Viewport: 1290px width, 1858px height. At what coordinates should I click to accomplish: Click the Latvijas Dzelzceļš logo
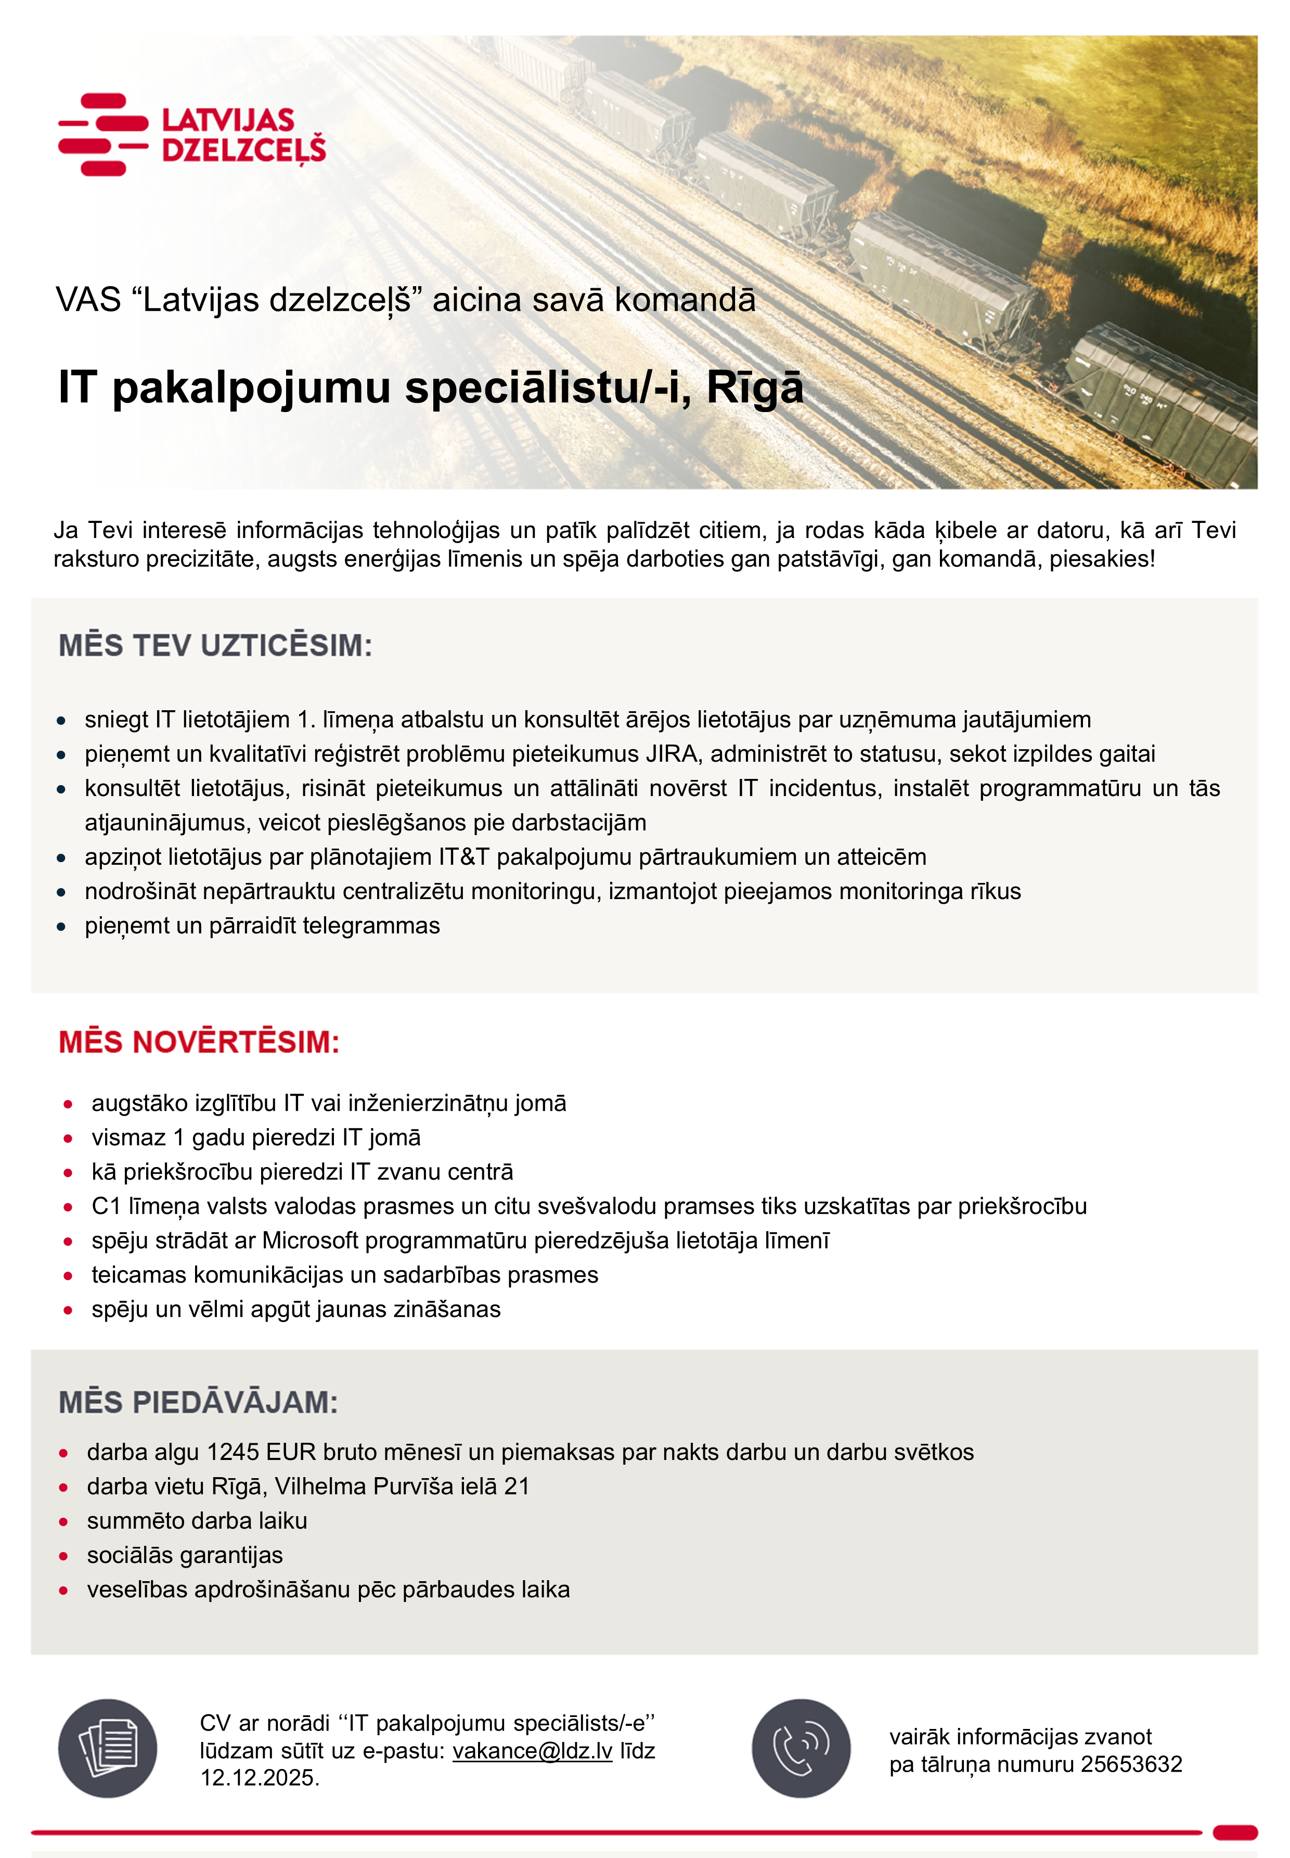point(192,134)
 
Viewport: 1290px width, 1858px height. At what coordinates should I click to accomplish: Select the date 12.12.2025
point(260,1778)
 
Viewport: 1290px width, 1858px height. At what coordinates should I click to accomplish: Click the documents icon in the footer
point(108,1748)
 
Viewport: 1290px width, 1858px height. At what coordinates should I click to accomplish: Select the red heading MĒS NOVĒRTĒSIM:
point(199,1042)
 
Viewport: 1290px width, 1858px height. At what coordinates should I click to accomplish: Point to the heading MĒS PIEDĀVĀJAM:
point(198,1403)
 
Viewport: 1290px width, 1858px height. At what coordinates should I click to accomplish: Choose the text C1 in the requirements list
point(106,1207)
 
